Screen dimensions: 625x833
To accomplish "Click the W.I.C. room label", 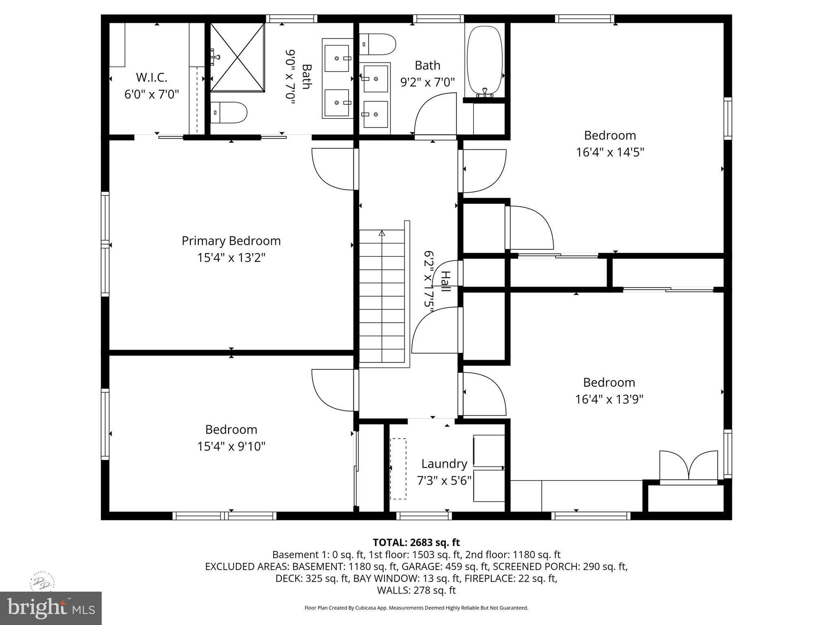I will click(151, 77).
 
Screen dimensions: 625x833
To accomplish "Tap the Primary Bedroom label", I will click(231, 241).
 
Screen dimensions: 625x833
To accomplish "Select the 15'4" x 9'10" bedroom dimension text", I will click(231, 446).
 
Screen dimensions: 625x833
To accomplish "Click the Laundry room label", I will click(444, 464).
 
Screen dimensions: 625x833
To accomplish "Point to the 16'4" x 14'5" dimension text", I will click(610, 152).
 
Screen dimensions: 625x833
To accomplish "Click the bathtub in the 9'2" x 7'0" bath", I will click(484, 61).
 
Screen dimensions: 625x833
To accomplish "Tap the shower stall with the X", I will click(237, 57).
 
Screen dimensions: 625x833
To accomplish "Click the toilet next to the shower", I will click(229, 113).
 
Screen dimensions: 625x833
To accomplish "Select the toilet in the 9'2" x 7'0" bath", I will click(378, 44).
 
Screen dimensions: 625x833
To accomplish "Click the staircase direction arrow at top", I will click(382, 234).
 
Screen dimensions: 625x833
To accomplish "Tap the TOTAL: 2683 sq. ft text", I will click(416, 542).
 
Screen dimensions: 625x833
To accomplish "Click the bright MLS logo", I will click(50, 608).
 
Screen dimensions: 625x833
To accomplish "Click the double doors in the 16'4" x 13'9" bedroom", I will click(688, 467).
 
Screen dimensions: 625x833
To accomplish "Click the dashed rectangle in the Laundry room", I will click(398, 468).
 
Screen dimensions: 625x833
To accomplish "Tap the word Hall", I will click(446, 281).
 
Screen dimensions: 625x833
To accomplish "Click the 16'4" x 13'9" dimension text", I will click(609, 399).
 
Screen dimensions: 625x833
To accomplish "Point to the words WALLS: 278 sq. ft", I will click(416, 590).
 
